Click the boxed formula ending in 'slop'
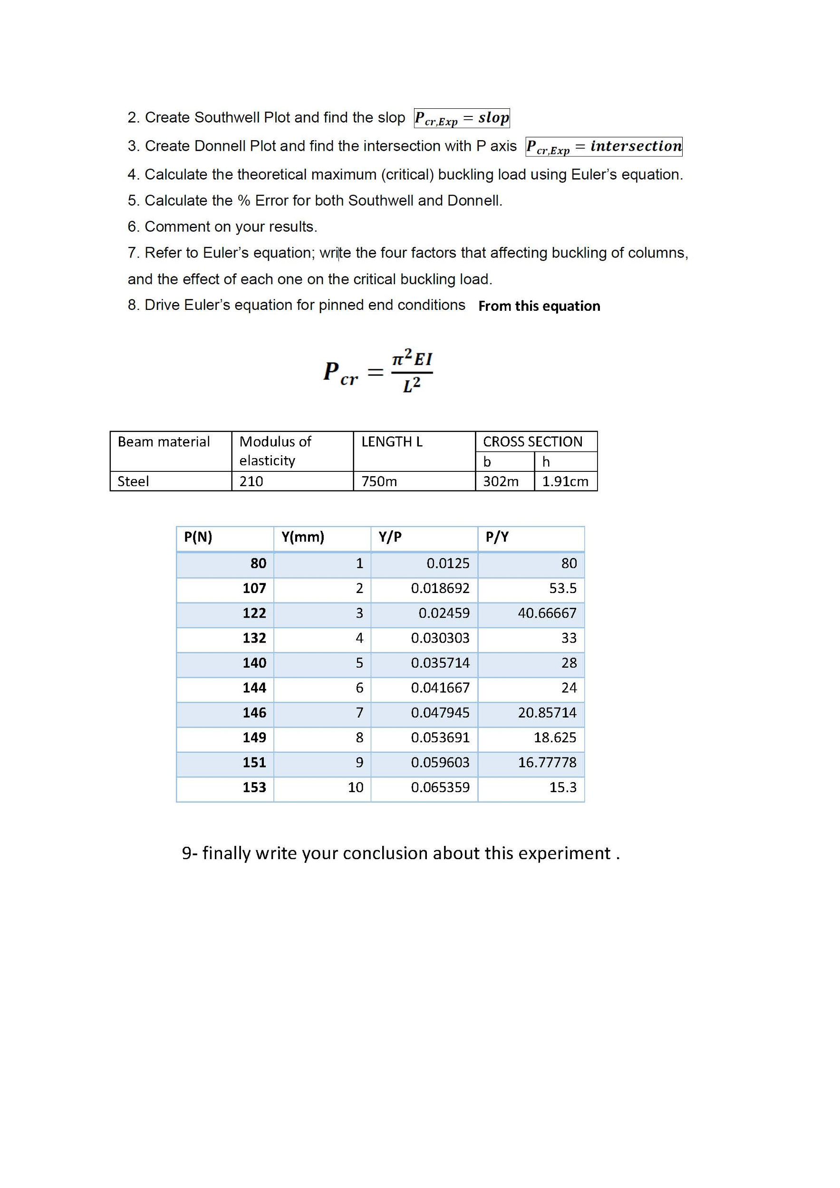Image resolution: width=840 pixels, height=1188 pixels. (x=462, y=118)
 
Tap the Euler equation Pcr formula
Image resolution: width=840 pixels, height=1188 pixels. (x=378, y=371)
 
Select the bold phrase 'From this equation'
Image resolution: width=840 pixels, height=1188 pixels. (x=539, y=306)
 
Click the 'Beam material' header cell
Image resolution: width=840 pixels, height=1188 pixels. (x=164, y=442)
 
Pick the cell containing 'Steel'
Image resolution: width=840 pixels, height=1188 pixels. (x=134, y=481)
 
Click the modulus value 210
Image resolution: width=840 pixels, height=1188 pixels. (x=251, y=481)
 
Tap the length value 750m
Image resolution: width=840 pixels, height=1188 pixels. (x=379, y=481)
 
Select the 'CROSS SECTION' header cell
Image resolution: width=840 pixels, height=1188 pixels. (x=532, y=442)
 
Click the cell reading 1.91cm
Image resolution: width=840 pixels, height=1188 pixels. (x=565, y=481)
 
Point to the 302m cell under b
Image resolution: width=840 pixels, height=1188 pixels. (x=501, y=481)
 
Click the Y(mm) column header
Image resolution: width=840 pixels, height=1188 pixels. (x=303, y=537)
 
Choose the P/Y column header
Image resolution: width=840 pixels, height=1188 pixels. (x=497, y=537)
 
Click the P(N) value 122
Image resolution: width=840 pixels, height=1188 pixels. (x=254, y=613)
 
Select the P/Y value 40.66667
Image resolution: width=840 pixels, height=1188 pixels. (x=547, y=613)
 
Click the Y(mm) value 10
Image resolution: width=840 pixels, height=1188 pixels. (x=356, y=787)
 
